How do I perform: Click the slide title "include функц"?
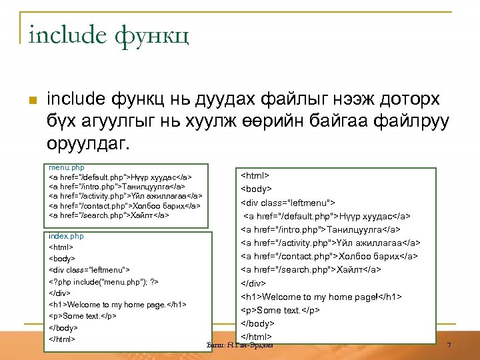click(109, 34)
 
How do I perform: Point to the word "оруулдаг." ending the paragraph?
click(90, 144)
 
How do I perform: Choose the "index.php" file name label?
click(67, 236)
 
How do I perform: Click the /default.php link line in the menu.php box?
click(121, 177)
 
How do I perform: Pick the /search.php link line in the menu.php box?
click(109, 215)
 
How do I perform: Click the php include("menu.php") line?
click(103, 281)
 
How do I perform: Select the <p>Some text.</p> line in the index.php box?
click(83, 315)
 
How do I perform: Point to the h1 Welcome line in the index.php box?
click(117, 304)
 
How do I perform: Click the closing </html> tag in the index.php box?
click(63, 338)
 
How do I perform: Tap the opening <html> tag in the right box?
click(255, 175)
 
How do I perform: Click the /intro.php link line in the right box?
click(320, 229)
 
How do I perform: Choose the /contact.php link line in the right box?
click(329, 256)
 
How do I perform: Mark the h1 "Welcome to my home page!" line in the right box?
click(321, 297)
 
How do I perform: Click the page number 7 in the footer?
click(449, 345)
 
